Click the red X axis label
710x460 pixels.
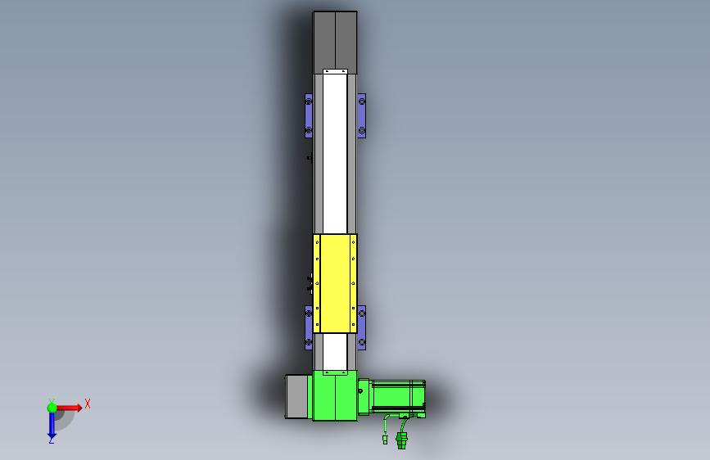pos(88,404)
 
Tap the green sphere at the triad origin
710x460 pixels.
pos(52,408)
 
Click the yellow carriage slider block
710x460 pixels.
pos(335,283)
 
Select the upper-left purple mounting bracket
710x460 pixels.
pos(309,116)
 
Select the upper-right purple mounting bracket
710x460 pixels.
pos(361,116)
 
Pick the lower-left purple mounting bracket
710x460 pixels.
pos(309,327)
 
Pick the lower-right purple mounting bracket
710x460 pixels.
pos(361,327)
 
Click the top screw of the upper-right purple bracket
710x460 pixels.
pos(361,101)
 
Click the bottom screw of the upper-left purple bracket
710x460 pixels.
pos(309,131)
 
